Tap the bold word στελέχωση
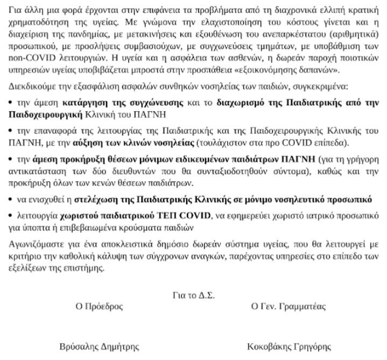pos(95,199)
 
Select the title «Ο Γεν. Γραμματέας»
pos(289,307)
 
